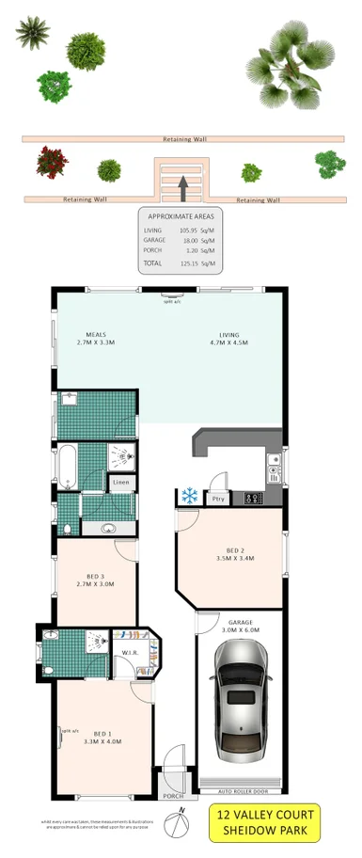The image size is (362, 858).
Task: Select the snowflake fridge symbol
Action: coord(188,495)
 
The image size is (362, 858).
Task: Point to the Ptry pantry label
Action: coord(218,499)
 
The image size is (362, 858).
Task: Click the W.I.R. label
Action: coord(131,652)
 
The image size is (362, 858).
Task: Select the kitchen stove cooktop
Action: coord(252,499)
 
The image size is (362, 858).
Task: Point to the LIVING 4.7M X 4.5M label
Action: coord(229,339)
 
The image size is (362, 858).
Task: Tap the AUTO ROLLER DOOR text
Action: coord(240,778)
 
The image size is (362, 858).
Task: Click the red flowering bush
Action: coord(52,162)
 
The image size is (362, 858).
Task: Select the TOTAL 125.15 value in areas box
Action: coord(192,263)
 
